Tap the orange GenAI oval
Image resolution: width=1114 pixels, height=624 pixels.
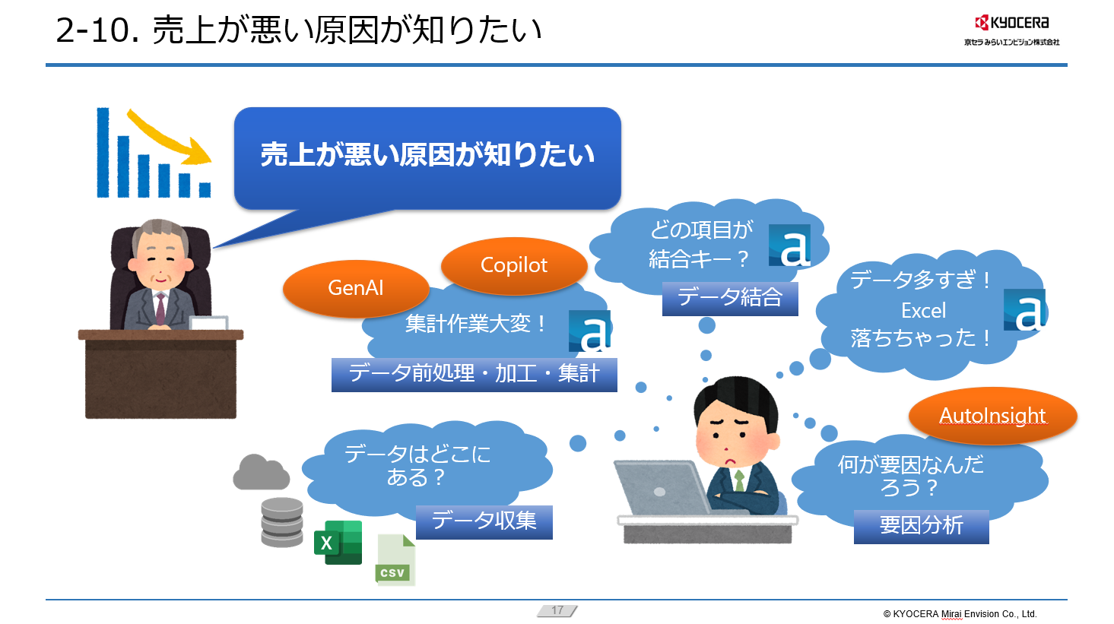(355, 288)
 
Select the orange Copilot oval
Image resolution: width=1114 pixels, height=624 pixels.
(514, 264)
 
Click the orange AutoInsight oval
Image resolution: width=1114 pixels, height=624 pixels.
(992, 415)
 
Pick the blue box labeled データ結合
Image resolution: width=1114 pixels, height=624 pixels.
(730, 298)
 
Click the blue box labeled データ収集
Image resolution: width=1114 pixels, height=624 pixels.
(484, 521)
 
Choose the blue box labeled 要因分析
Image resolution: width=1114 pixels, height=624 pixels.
(921, 526)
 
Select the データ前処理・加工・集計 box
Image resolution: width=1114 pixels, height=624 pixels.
(474, 374)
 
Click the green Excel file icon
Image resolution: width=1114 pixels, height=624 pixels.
(338, 542)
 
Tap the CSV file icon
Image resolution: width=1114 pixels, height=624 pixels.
(395, 561)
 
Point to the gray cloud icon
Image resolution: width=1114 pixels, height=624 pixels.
(261, 473)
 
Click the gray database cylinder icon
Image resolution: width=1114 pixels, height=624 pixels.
(282, 522)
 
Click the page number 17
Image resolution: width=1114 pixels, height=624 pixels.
(557, 610)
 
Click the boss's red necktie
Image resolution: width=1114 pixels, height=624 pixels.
(160, 308)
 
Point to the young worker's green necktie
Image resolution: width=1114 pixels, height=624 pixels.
(738, 480)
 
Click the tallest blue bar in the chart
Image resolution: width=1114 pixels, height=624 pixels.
(103, 152)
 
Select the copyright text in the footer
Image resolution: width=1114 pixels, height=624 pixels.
(960, 614)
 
